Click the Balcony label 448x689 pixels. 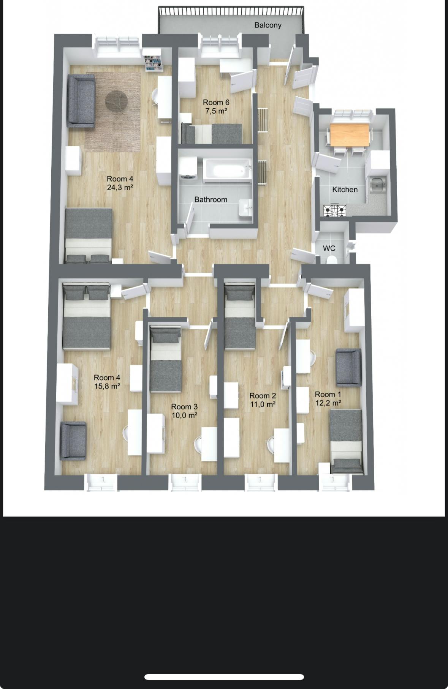coord(268,25)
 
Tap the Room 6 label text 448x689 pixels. coord(216,102)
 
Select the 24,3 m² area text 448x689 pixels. coord(120,187)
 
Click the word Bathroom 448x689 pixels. coord(211,199)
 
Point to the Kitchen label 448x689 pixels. coord(345,190)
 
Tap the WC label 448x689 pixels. coord(329,248)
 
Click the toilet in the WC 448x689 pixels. coord(332,260)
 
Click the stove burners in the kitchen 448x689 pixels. coord(334,210)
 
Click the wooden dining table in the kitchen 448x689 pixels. coord(350,135)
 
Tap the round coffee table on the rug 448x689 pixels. coord(116,101)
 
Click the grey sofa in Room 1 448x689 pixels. coord(348,367)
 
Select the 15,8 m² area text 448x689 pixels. coord(107,386)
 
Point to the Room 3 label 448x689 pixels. coord(184,407)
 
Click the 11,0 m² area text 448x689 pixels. coord(263,405)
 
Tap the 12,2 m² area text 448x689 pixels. coord(328,403)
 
